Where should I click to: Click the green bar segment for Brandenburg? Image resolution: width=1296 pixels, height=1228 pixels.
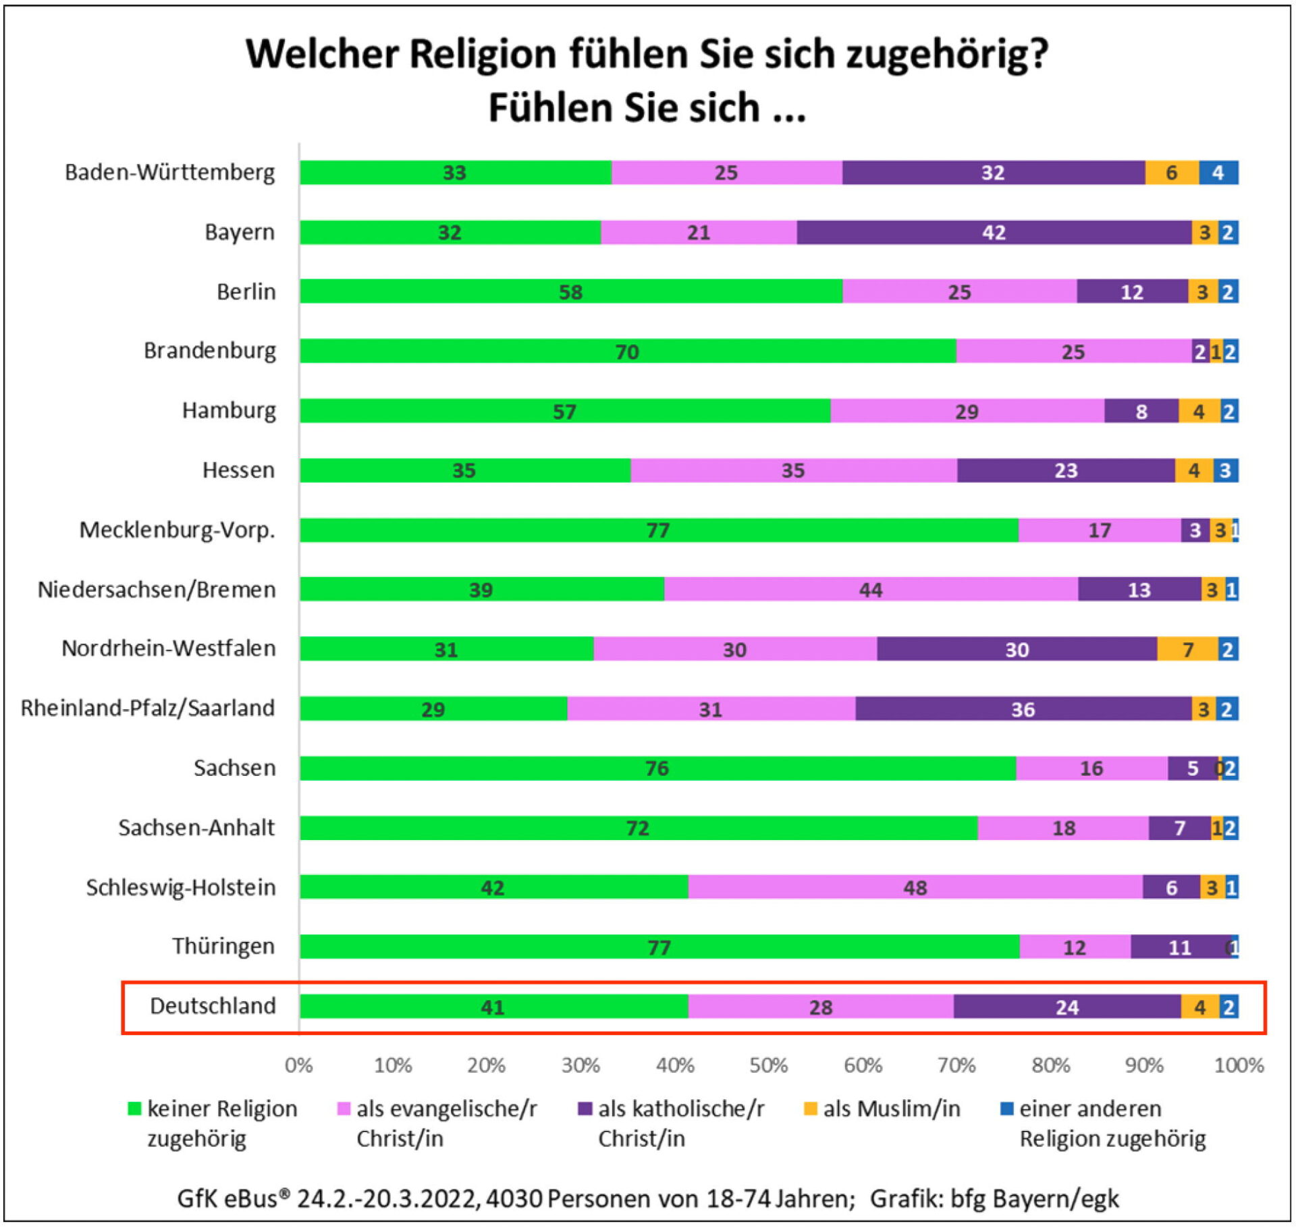click(628, 351)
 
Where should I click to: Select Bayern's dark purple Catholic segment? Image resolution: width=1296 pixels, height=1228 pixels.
click(994, 232)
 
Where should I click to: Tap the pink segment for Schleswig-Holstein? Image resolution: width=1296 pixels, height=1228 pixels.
click(915, 887)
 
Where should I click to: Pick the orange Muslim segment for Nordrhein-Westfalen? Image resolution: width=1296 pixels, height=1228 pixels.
click(1187, 649)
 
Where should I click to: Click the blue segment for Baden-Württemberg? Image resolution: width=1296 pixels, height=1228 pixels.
click(1218, 173)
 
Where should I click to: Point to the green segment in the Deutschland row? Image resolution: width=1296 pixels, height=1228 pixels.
click(493, 1007)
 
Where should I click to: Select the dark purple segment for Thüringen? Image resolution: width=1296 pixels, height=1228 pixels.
click(1180, 947)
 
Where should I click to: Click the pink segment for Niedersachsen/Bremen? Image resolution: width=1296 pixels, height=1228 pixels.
click(871, 590)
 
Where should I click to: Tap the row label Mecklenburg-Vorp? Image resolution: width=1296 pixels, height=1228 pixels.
click(177, 530)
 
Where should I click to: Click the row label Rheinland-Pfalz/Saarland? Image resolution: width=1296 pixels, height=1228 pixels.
click(148, 708)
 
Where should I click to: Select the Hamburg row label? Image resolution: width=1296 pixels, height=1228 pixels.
click(229, 410)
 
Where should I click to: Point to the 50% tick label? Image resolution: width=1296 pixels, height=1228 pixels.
click(769, 1065)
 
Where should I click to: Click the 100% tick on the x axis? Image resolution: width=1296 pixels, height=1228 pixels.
click(1239, 1065)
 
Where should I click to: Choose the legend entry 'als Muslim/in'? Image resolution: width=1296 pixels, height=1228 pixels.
click(891, 1109)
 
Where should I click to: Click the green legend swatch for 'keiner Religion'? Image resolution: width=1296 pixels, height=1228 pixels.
click(134, 1109)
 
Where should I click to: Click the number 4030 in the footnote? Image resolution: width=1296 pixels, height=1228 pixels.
click(514, 1199)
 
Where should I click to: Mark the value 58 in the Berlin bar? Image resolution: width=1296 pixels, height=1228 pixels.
click(570, 292)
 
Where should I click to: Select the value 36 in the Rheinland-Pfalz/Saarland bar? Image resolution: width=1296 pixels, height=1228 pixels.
click(1023, 709)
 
